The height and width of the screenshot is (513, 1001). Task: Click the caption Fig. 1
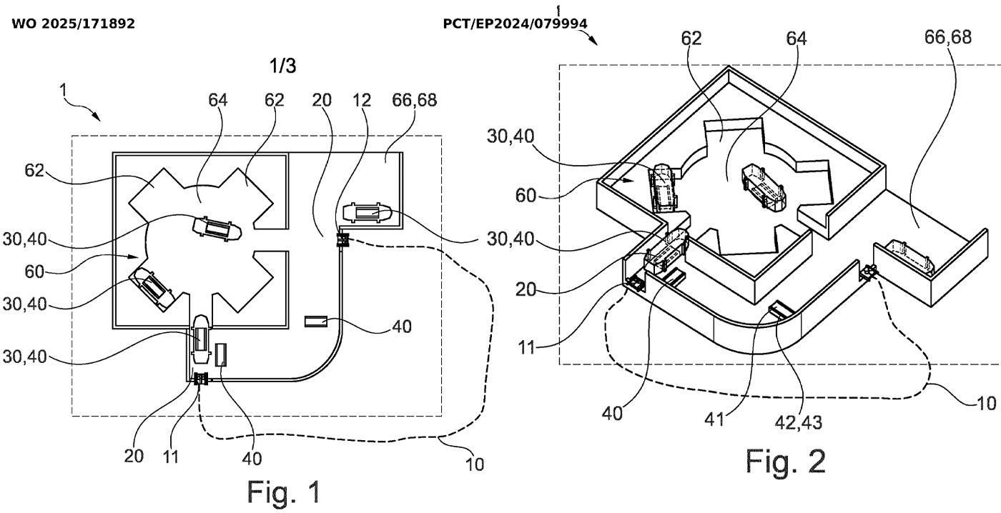pos(284,492)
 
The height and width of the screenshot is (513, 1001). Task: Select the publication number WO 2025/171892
pos(74,24)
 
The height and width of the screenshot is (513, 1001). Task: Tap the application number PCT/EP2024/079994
pos(516,24)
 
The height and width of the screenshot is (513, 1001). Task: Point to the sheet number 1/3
pos(282,66)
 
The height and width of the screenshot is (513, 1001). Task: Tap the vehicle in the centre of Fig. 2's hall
pos(764,186)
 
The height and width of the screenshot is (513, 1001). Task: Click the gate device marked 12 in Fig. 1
pos(343,240)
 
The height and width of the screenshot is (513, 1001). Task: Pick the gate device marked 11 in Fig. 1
pos(201,379)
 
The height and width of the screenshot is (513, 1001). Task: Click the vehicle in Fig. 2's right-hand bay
pos(909,256)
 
